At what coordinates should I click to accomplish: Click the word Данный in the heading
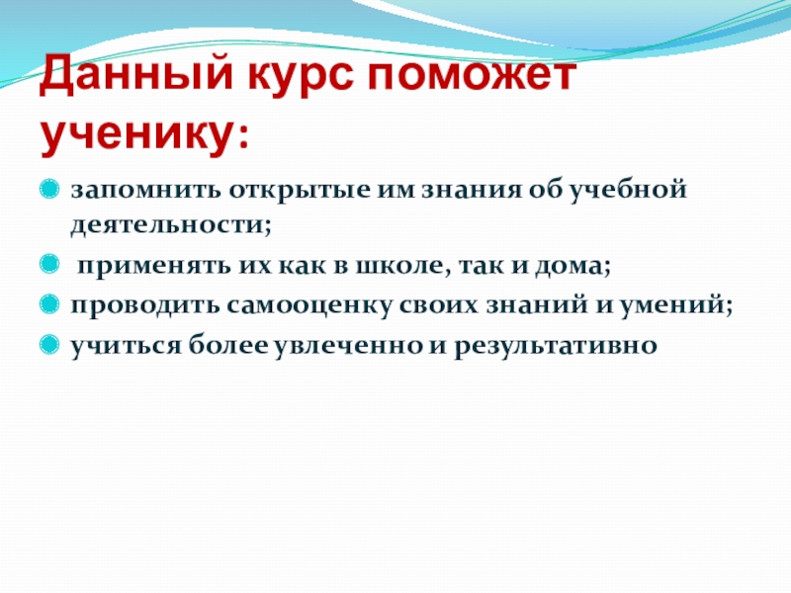(136, 75)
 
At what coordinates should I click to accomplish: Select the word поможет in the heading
(472, 76)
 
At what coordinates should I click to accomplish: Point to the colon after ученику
(243, 136)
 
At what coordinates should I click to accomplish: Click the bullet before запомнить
(48, 190)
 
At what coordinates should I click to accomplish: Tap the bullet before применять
(48, 264)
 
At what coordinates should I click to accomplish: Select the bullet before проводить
(48, 304)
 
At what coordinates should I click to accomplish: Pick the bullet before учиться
(48, 344)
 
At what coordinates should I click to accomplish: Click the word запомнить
(145, 190)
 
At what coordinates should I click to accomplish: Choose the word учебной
(629, 190)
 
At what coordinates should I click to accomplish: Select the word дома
(569, 266)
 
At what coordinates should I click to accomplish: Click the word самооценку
(308, 305)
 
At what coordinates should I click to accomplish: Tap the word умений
(672, 305)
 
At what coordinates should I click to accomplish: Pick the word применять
(154, 266)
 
